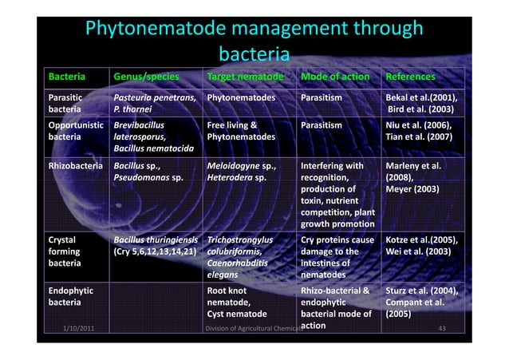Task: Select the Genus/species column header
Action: click(147, 77)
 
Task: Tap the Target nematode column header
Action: click(245, 77)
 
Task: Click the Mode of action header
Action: click(335, 77)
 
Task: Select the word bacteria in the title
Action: click(253, 56)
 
